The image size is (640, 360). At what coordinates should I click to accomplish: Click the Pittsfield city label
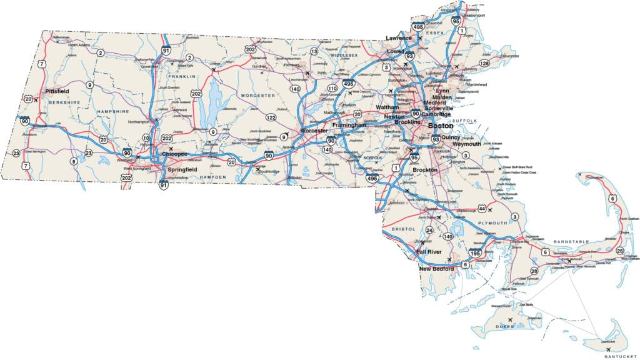tap(57, 91)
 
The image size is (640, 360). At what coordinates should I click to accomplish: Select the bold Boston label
tap(441, 125)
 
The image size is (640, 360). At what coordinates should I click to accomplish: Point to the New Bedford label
tap(436, 269)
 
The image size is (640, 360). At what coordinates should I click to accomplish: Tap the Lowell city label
tap(396, 51)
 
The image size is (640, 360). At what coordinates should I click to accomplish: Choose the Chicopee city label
tap(174, 153)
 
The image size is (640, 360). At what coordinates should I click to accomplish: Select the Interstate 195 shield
tap(474, 253)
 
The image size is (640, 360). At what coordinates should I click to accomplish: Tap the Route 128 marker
tap(484, 63)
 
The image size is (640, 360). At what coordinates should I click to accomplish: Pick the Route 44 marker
tap(482, 207)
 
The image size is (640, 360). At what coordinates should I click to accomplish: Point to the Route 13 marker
tap(314, 51)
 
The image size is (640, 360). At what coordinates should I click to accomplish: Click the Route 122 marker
tap(271, 117)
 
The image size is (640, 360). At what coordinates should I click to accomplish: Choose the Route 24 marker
tap(429, 230)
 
